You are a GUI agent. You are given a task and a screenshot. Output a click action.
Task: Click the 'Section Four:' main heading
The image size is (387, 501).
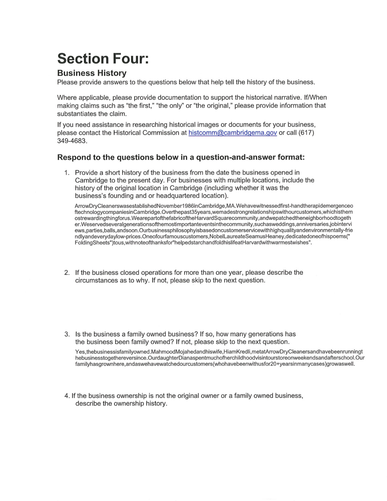pos(103,58)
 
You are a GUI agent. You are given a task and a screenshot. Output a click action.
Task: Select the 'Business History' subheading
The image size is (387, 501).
pos(92,73)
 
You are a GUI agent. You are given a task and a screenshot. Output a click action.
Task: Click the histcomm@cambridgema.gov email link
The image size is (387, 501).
pos(232,133)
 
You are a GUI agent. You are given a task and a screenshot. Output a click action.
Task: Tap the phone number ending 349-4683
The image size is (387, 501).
pos(72,141)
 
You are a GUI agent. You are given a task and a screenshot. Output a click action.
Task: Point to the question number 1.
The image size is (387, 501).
pos(67,173)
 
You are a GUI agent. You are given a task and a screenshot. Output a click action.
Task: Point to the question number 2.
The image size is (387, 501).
pos(67,273)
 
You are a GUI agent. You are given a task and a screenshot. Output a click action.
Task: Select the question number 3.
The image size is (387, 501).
pos(67,334)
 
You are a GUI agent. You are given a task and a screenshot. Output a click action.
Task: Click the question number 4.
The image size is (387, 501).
pos(67,396)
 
